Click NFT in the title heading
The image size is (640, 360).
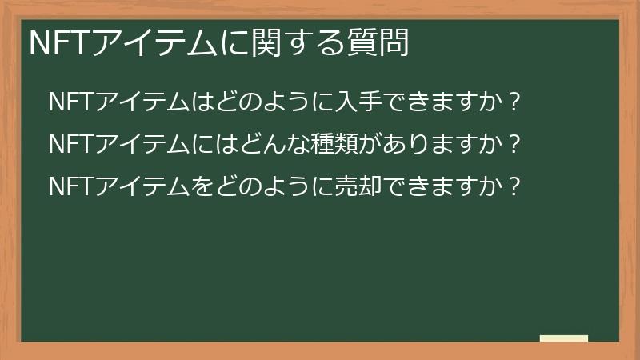point(60,43)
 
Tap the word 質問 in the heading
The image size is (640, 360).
point(378,42)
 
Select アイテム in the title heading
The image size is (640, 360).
point(154,43)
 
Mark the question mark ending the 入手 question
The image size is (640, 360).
point(514,102)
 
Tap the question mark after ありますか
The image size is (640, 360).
point(514,144)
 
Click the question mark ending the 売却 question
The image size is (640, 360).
point(514,186)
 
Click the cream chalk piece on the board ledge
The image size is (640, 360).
point(564,338)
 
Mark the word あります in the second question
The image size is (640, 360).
point(418,144)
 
